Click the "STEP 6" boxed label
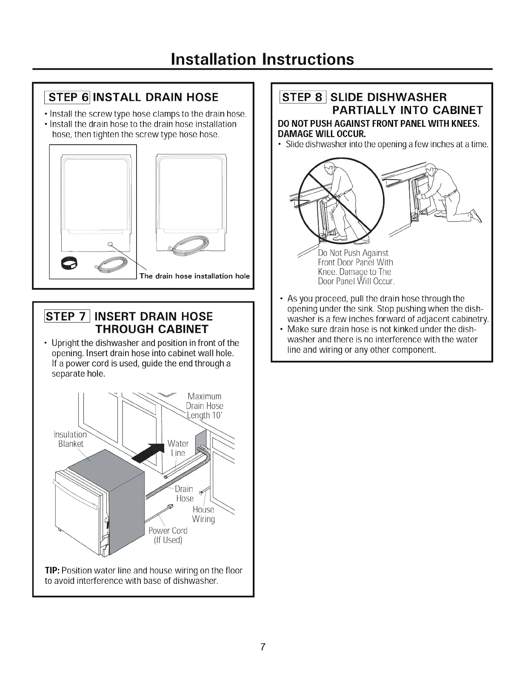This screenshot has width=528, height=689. [x=68, y=97]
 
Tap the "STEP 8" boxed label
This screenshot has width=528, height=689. [x=302, y=97]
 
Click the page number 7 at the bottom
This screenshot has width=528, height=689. [x=263, y=647]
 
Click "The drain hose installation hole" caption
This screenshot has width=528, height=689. [x=194, y=276]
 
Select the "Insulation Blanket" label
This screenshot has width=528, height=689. [x=70, y=439]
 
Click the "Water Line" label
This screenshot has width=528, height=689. [x=178, y=448]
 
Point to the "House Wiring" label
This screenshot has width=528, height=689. [x=203, y=514]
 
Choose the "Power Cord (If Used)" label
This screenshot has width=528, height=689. [x=168, y=535]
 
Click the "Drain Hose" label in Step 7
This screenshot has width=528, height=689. [x=184, y=494]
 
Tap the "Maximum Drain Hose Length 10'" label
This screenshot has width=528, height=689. [x=205, y=406]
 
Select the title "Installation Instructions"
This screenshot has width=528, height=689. [x=262, y=59]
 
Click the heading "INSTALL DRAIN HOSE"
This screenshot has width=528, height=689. [x=155, y=97]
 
